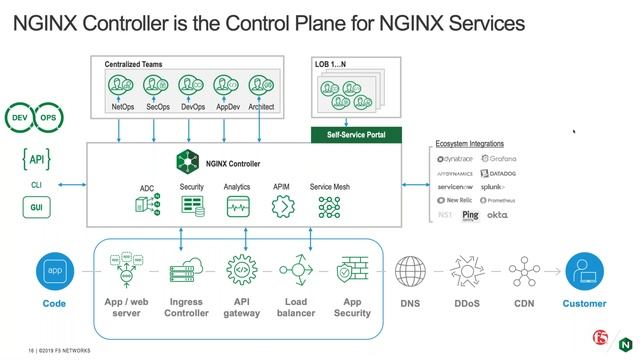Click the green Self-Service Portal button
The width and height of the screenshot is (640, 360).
click(357, 133)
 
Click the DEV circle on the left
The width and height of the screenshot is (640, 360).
click(20, 118)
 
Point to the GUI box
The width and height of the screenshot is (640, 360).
click(36, 208)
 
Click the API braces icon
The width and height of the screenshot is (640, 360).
click(36, 159)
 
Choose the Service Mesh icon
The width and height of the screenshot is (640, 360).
click(329, 207)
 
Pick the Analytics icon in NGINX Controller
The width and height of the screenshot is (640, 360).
click(237, 207)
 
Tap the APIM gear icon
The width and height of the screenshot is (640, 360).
click(283, 207)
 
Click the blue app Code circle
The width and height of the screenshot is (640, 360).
click(54, 271)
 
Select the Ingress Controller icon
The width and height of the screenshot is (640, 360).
click(188, 271)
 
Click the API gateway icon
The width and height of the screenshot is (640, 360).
click(241, 271)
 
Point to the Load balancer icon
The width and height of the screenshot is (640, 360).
click(297, 271)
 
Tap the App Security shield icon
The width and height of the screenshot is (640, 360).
click(352, 271)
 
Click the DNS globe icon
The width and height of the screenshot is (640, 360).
click(411, 271)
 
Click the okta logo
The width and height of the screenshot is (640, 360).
click(497, 215)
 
